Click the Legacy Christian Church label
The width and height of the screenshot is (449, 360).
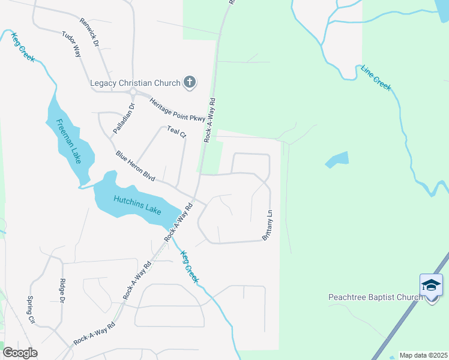(136, 82)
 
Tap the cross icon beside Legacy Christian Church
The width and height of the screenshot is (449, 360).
(190, 82)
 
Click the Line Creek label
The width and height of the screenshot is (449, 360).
(376, 78)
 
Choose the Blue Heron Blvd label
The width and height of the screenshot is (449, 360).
(136, 166)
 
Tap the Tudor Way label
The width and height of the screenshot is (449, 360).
(71, 44)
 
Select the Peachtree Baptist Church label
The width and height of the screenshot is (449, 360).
(376, 297)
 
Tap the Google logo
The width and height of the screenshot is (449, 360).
(20, 353)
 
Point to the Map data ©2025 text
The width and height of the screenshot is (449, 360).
(423, 355)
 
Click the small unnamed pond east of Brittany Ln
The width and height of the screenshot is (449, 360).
(337, 160)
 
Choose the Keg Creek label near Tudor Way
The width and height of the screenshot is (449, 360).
(23, 46)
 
